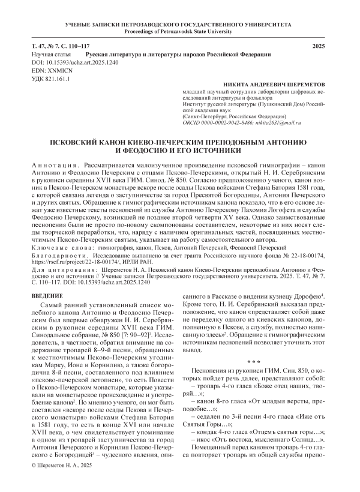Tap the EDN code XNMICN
[x=47, y=70]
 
